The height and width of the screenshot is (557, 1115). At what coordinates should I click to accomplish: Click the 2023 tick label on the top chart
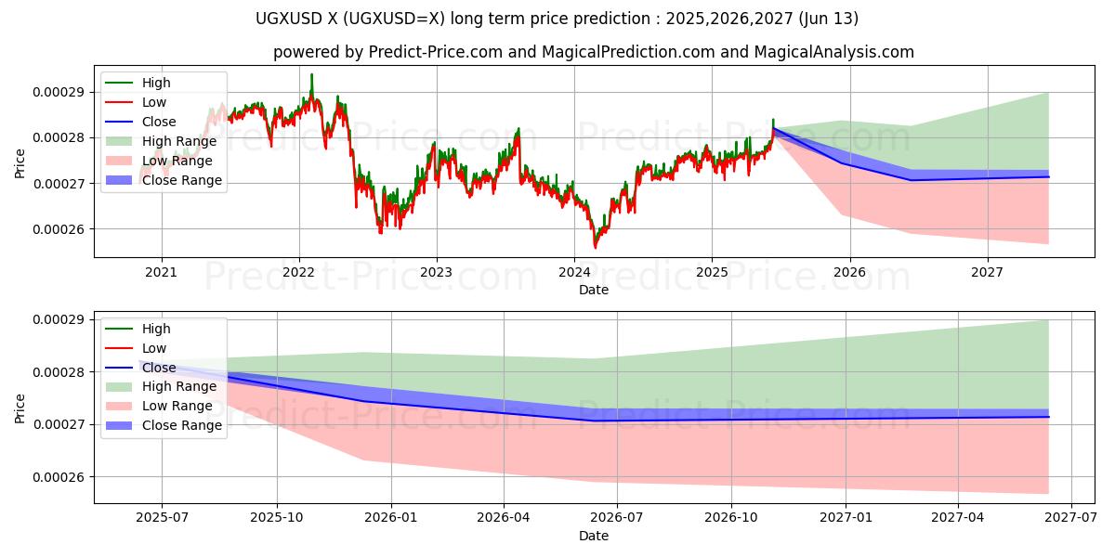436,272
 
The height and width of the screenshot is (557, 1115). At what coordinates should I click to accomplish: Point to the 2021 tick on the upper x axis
162,272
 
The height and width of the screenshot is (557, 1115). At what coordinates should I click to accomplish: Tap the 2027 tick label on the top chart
987,272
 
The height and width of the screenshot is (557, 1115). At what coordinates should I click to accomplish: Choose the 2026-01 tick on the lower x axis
390,518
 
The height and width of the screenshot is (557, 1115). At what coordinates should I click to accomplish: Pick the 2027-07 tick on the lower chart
1071,518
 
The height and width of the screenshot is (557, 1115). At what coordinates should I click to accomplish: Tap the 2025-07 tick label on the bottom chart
162,518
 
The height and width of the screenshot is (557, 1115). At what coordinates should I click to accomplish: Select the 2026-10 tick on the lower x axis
731,518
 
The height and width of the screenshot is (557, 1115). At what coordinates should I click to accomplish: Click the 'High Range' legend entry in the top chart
178,141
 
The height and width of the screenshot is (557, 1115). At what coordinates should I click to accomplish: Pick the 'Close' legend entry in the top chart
160,122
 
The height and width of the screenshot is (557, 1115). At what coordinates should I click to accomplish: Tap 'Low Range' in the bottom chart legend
177,406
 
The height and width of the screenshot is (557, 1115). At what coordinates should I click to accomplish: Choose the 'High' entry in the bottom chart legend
156,329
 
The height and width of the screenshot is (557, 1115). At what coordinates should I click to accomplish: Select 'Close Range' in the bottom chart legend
181,425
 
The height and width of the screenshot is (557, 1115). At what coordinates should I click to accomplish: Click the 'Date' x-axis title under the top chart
594,290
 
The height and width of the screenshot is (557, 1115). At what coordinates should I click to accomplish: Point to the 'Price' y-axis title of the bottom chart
20,408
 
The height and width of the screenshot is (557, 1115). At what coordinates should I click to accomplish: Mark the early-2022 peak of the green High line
311,74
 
